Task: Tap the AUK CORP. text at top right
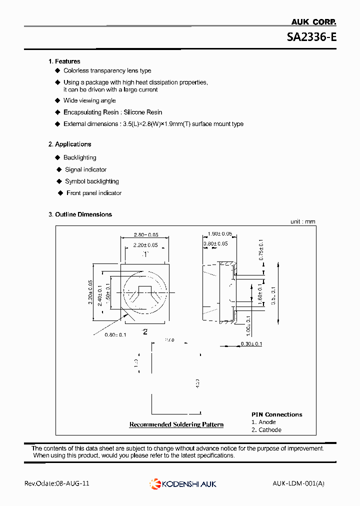click(313, 22)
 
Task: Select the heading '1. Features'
click(64, 61)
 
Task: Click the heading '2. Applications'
click(69, 144)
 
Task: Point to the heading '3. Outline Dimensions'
click(80, 214)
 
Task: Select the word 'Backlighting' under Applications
click(79, 158)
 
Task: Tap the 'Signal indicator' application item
click(85, 170)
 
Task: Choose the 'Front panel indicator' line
click(94, 193)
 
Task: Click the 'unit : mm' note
click(303, 221)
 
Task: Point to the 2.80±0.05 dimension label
click(146, 234)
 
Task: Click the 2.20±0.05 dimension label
click(145, 245)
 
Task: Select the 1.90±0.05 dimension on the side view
click(220, 234)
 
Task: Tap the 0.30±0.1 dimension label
click(251, 344)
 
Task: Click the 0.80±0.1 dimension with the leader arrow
click(116, 335)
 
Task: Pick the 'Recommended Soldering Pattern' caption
click(176, 424)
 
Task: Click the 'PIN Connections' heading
click(276, 414)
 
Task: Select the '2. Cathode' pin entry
click(266, 430)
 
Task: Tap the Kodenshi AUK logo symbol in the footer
click(154, 483)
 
